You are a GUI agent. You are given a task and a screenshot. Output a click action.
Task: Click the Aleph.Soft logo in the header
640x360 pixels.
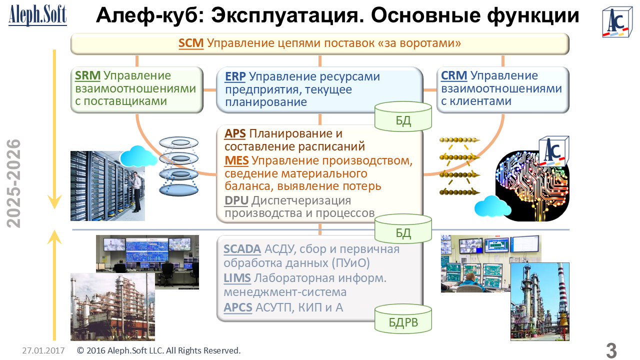[37, 15]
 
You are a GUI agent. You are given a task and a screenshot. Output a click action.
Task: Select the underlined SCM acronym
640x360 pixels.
[191, 43]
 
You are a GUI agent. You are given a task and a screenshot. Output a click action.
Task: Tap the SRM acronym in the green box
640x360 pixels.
[87, 75]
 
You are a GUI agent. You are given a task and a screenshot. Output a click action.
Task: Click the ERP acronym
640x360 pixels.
[235, 76]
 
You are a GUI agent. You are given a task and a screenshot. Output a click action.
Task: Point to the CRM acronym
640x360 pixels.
[453, 75]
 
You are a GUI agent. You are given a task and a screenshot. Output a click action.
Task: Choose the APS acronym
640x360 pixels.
[235, 133]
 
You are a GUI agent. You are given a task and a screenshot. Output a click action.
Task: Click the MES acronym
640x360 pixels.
[236, 160]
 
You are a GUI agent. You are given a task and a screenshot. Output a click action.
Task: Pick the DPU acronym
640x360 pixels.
[236, 200]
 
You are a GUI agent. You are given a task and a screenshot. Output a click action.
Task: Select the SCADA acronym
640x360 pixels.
[242, 249]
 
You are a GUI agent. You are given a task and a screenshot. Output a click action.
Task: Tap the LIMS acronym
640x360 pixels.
[237, 278]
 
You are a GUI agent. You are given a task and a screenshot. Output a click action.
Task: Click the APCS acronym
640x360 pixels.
[237, 307]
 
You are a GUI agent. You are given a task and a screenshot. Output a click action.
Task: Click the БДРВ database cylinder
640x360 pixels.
[403, 319]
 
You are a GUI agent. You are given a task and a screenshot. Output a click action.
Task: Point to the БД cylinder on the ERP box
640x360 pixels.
[403, 116]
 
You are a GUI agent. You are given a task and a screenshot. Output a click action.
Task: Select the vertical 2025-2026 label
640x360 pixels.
[13, 183]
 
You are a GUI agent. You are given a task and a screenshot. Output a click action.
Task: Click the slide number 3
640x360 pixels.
[611, 350]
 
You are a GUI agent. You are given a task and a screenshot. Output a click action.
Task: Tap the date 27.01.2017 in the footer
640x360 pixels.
[43, 350]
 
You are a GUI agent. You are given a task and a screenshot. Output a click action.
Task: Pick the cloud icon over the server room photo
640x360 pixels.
[138, 156]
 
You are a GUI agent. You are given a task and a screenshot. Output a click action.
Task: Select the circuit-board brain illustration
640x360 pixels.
[532, 186]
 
